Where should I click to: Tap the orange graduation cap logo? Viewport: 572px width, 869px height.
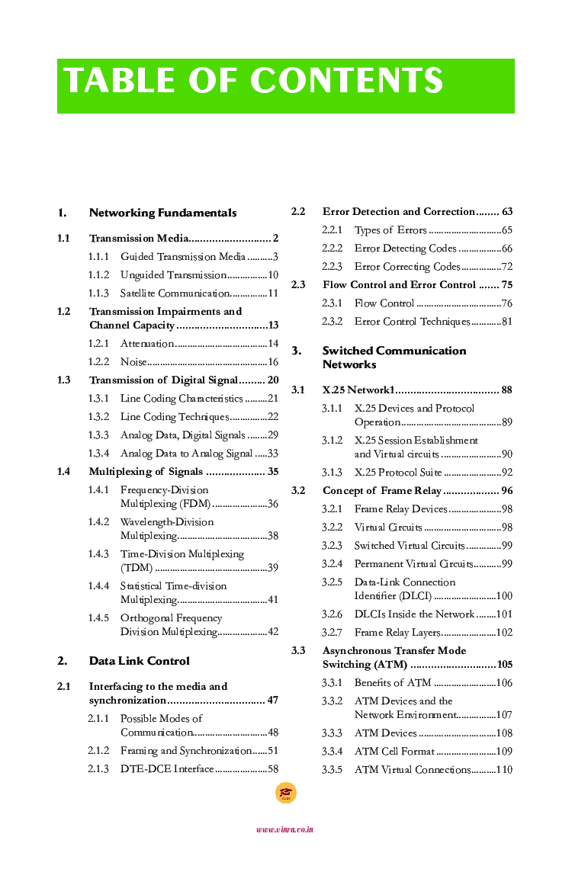[285, 793]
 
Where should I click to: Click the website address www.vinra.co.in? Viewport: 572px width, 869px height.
[285, 829]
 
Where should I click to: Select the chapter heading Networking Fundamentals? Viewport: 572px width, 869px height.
[162, 213]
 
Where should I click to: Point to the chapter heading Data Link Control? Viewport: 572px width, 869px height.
[139, 661]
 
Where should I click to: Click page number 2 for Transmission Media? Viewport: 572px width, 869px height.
[275, 239]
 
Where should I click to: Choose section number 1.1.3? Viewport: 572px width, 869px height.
[98, 293]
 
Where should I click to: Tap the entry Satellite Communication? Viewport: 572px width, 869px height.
[175, 293]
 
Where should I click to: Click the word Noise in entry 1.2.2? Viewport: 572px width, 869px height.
[133, 362]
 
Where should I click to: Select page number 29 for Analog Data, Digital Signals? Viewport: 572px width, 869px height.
[272, 435]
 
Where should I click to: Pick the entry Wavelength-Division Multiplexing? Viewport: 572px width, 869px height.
[166, 529]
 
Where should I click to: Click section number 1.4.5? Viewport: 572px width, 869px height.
[98, 618]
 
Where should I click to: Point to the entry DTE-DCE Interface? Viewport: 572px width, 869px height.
[167, 769]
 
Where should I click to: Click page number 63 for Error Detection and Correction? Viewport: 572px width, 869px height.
[507, 212]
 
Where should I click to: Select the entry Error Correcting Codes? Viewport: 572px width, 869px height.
[407, 267]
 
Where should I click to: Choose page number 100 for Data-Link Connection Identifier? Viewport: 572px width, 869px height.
[504, 596]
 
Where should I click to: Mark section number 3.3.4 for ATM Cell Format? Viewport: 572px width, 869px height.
[332, 752]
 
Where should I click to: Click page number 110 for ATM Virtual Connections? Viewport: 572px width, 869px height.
[504, 770]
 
